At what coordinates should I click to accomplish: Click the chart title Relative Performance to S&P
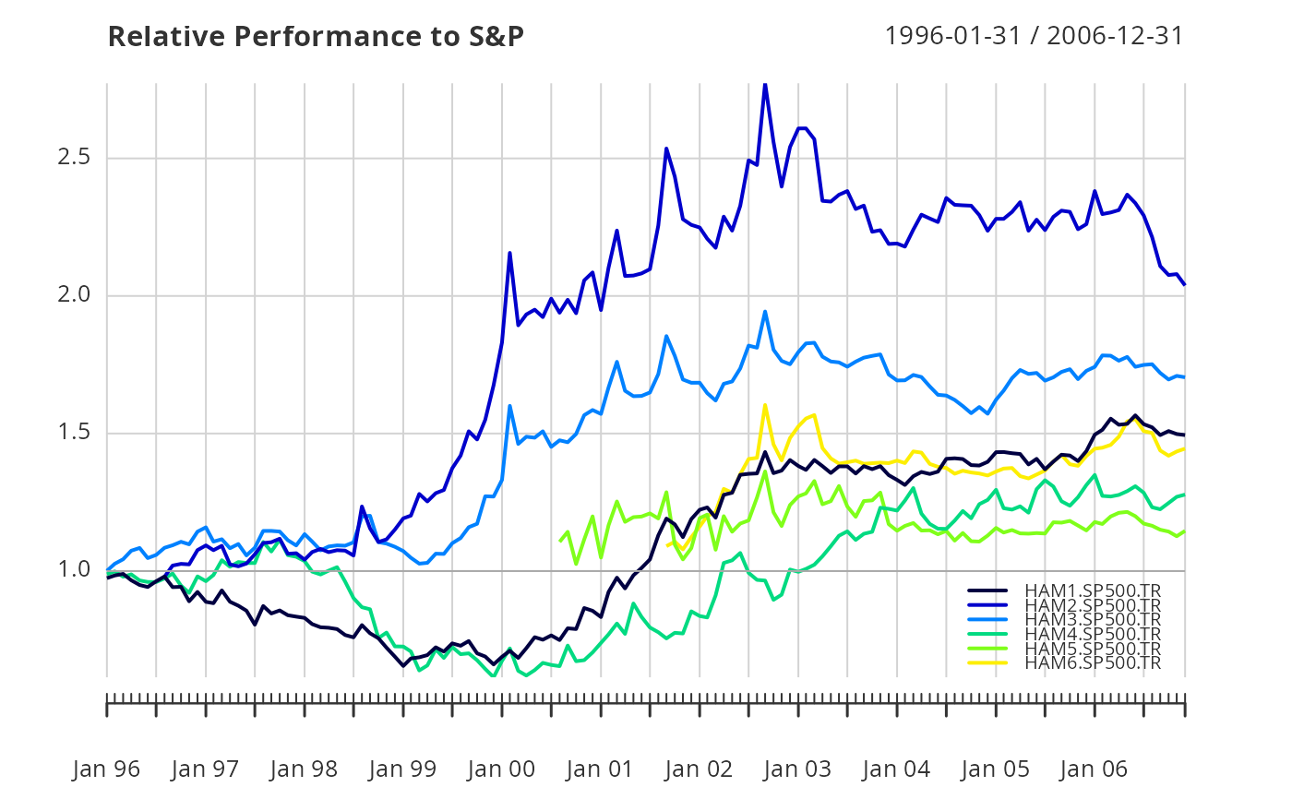tap(316, 36)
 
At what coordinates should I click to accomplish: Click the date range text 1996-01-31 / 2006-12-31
tap(1035, 36)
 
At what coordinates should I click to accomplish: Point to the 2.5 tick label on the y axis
tap(74, 157)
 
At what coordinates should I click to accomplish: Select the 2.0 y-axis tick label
tap(74, 294)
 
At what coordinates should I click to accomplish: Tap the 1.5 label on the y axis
tap(74, 432)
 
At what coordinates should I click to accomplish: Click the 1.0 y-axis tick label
tap(74, 569)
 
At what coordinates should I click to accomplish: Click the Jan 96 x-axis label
tap(106, 769)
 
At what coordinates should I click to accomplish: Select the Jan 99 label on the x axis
tap(402, 769)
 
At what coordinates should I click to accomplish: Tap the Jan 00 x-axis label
tap(501, 769)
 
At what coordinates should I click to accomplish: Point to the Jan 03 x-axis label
tap(797, 769)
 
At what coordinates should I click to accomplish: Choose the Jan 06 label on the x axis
tap(1094, 769)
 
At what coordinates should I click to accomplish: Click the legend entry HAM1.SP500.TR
tap(1064, 590)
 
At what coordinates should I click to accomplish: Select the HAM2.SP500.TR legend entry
tap(1064, 605)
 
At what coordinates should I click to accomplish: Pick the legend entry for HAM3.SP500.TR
tap(1064, 619)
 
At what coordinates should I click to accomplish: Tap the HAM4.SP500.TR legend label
tap(1064, 634)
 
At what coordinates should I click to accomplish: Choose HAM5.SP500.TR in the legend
tap(1064, 648)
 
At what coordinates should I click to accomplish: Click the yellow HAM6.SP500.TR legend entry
tap(1064, 662)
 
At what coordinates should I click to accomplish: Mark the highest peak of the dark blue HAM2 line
tap(765, 85)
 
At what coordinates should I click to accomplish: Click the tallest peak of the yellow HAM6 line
tap(765, 405)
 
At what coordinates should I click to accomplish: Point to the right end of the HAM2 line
tap(1185, 284)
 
